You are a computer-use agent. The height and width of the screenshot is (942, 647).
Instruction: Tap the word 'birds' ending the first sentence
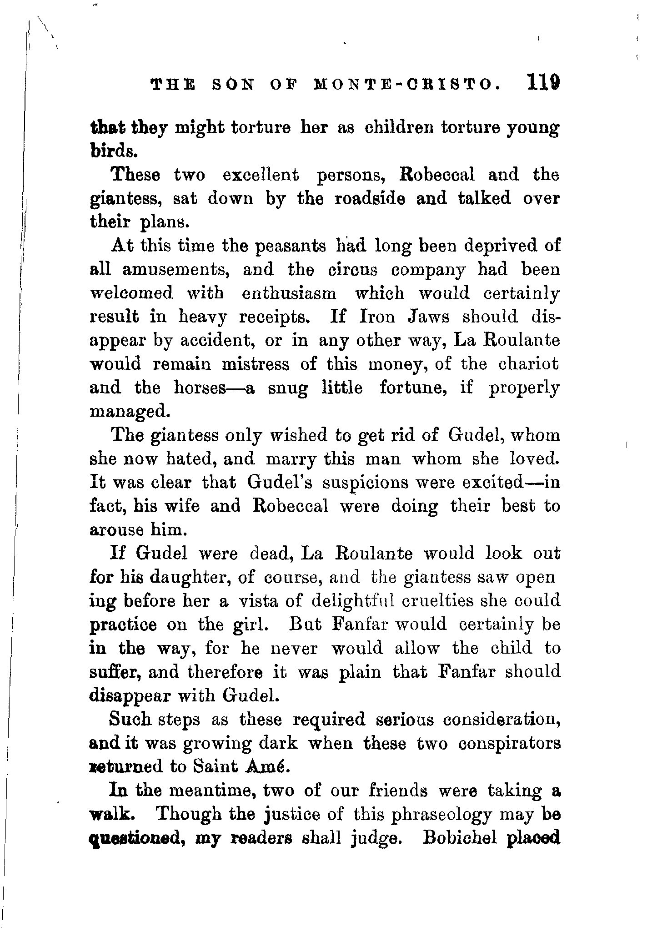click(111, 151)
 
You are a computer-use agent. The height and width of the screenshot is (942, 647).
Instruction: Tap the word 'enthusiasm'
click(289, 293)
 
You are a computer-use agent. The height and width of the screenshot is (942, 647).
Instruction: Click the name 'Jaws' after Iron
click(427, 317)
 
